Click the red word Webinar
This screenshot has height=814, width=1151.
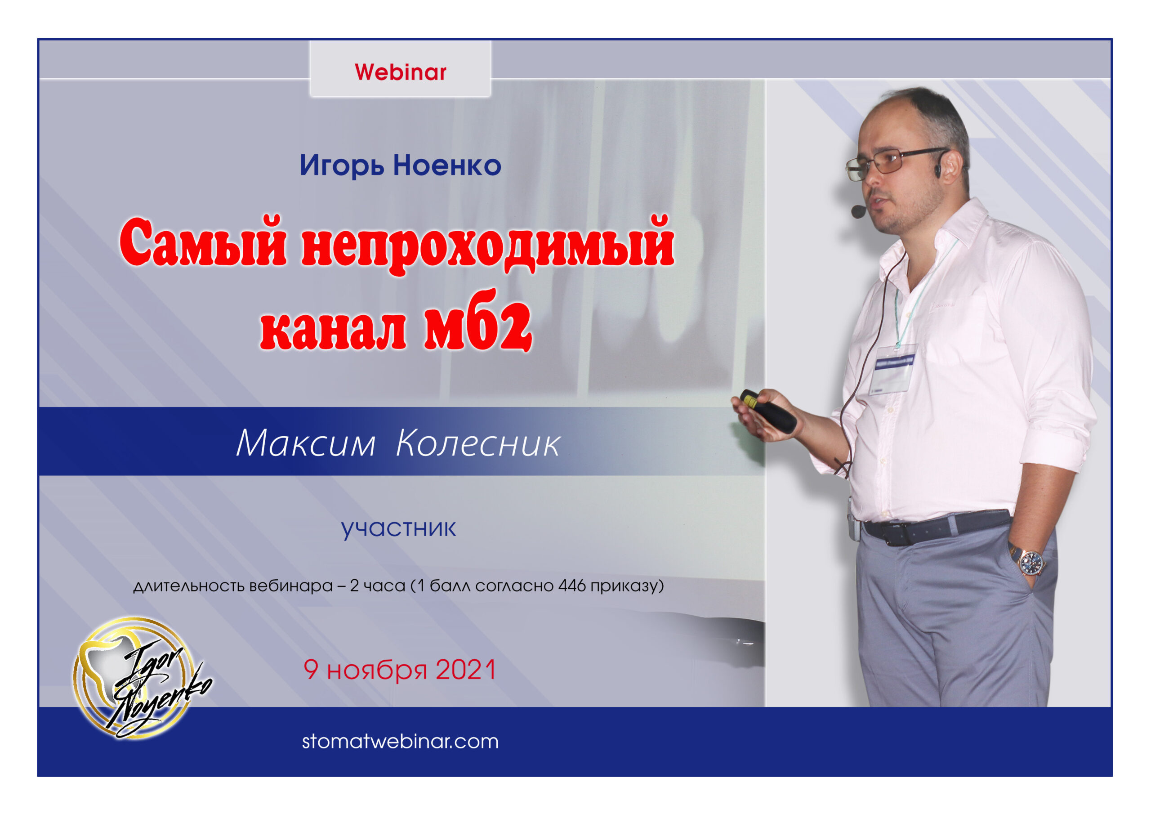point(400,72)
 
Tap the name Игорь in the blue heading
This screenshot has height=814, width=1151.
point(343,166)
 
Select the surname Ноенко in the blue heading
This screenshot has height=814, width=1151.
point(447,165)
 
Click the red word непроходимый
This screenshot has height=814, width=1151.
point(488,245)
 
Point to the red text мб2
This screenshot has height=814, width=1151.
point(478,322)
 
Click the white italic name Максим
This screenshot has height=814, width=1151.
point(306,443)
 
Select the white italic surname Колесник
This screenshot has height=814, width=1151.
point(478,443)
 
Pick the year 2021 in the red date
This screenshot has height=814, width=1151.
point(466,670)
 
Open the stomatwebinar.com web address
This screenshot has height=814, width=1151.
point(400,741)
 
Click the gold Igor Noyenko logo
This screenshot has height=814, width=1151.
point(138,677)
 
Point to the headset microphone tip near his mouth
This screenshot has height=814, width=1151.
point(858,212)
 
